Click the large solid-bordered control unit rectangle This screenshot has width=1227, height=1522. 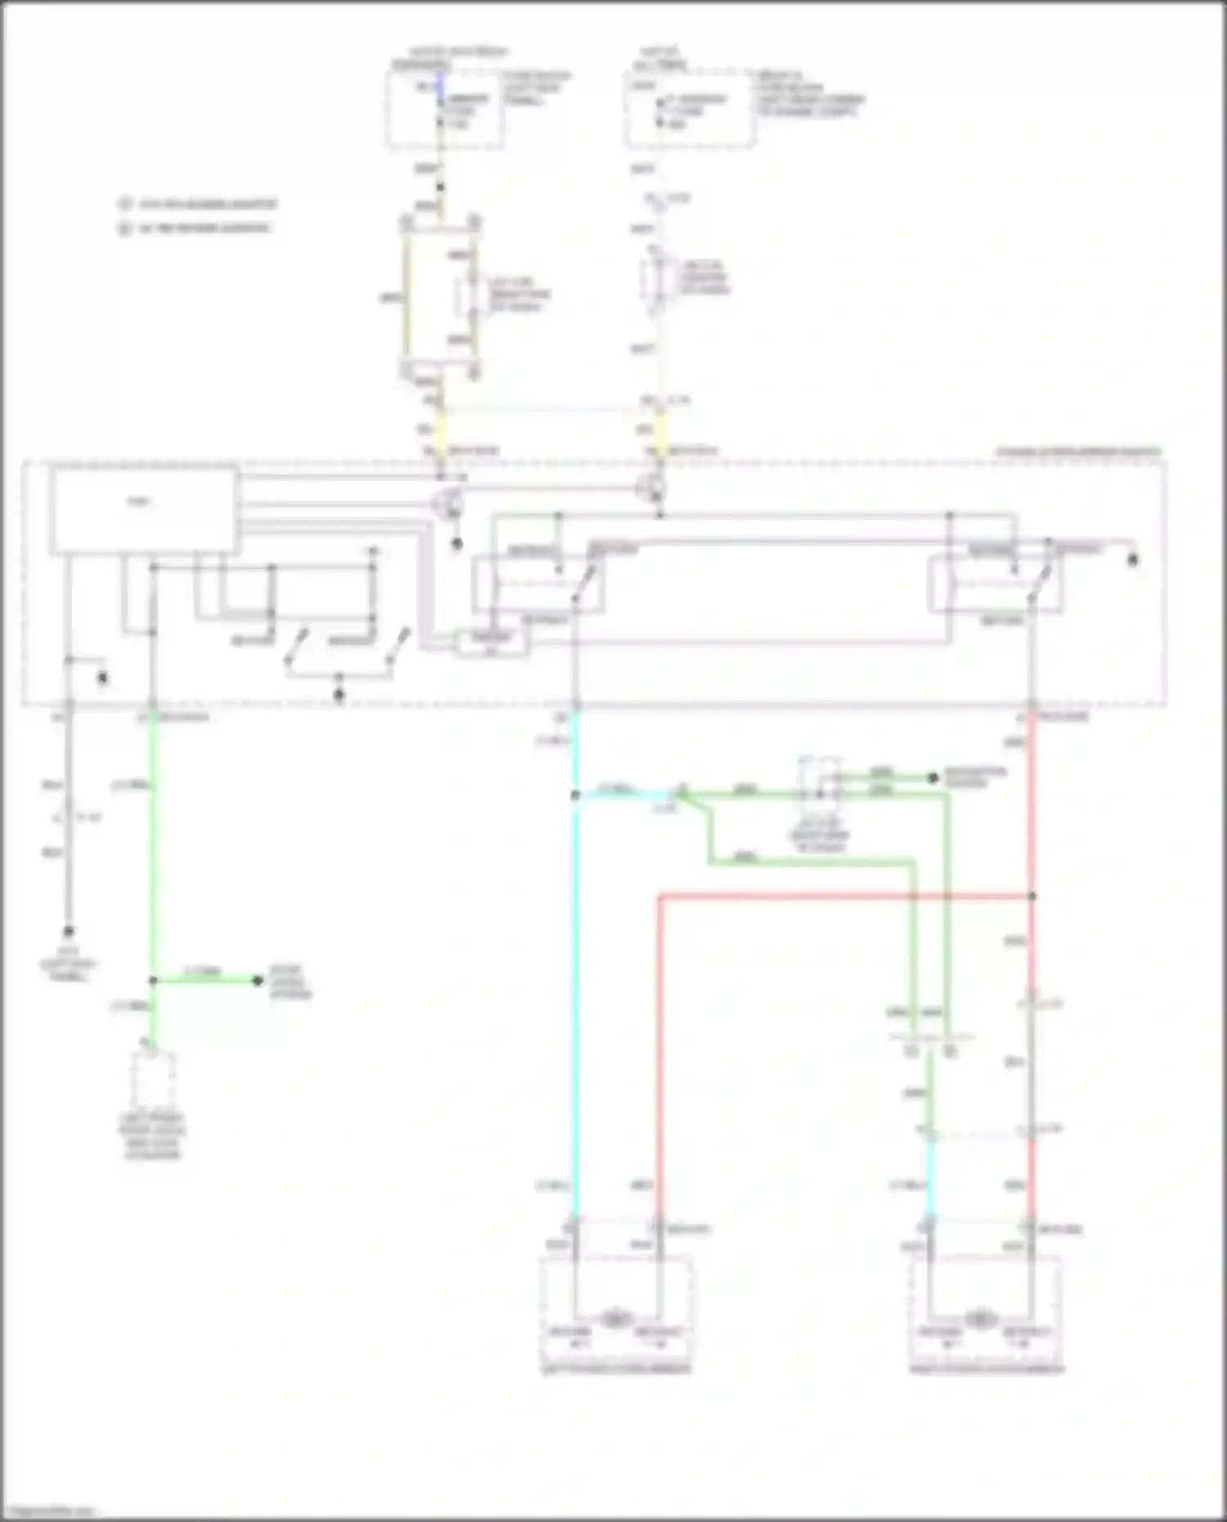[x=145, y=511]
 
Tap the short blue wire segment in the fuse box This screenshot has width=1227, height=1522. [x=440, y=83]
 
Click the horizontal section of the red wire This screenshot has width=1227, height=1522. [x=843, y=896]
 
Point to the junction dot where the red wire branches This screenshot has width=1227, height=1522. [x=1031, y=896]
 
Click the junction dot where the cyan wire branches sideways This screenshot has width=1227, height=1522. [x=576, y=795]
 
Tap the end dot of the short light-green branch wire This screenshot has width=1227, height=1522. [x=258, y=981]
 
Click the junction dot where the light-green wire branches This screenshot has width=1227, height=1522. [x=153, y=981]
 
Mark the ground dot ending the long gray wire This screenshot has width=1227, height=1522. [x=69, y=932]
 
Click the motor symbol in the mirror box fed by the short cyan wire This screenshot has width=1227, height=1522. [x=979, y=1319]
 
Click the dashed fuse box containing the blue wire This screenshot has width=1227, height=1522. [x=444, y=110]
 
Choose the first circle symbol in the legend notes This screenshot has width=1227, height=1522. [x=124, y=204]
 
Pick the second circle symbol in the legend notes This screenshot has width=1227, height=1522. [x=124, y=228]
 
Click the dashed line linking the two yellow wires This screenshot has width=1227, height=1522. [x=550, y=408]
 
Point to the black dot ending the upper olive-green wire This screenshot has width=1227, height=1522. [x=933, y=778]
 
